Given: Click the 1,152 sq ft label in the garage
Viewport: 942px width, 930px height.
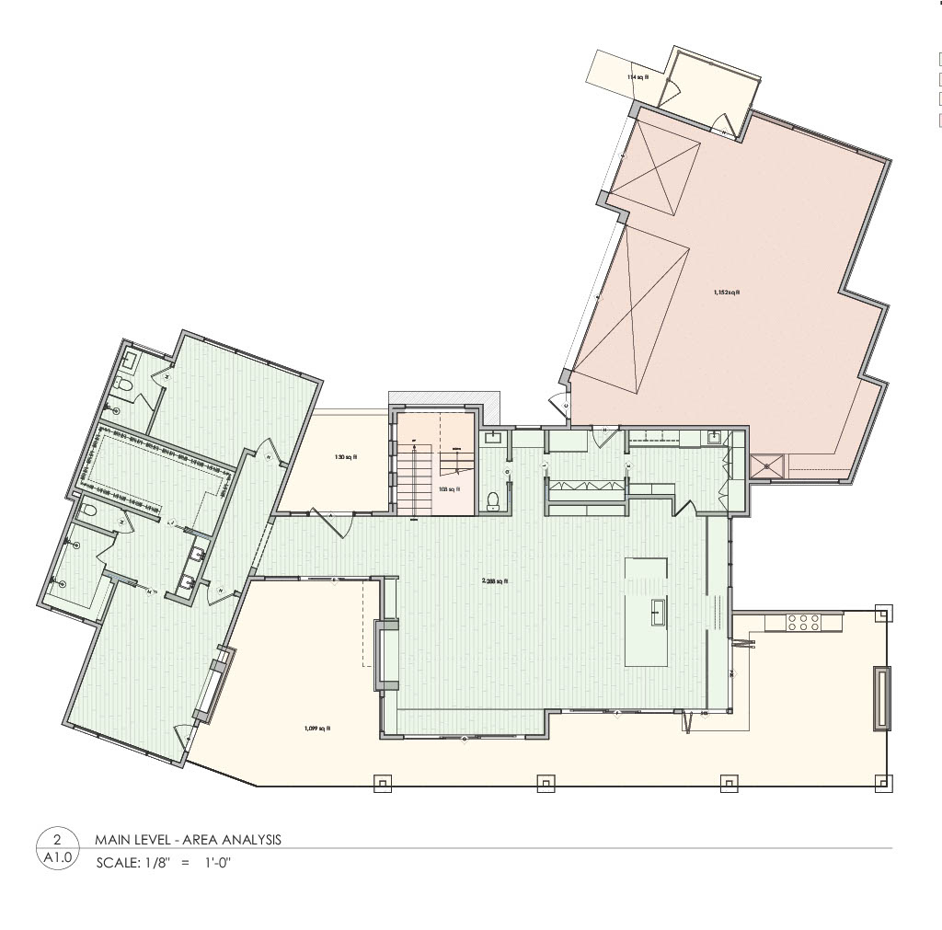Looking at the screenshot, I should [x=727, y=293].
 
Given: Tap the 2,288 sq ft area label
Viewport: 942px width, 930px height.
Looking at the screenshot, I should [x=495, y=581].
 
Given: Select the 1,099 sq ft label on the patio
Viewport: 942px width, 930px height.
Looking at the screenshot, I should [x=316, y=728].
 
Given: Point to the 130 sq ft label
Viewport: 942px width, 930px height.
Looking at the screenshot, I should [x=346, y=456].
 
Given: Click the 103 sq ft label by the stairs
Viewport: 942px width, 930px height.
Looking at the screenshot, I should [x=449, y=489].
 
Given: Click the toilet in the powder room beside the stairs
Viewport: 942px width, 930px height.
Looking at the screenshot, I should [x=493, y=499].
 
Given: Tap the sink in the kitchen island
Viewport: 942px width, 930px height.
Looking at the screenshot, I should [x=659, y=611].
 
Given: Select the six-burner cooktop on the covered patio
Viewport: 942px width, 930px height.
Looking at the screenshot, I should [x=804, y=622].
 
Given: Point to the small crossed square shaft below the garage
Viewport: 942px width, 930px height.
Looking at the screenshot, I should [x=766, y=466].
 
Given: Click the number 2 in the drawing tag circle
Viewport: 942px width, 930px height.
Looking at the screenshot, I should [x=57, y=840].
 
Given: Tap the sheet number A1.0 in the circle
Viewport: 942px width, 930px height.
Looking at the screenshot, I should [x=57, y=858].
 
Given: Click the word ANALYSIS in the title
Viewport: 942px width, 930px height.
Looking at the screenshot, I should [x=248, y=840].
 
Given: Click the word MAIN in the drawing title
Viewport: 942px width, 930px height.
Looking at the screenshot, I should [x=111, y=840].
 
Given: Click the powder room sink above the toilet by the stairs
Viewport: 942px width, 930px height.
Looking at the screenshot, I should [x=493, y=437].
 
